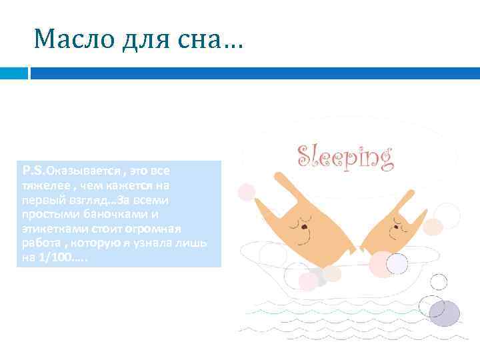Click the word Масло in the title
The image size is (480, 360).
[x=72, y=41]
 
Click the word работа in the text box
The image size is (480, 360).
[x=39, y=242]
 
